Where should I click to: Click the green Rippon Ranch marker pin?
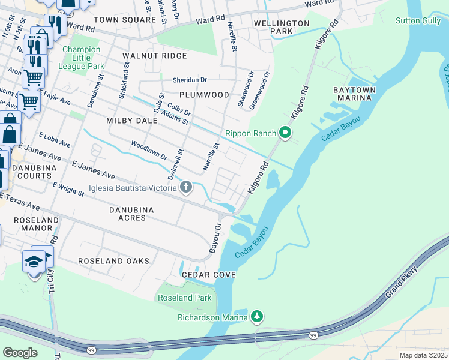click(286, 133)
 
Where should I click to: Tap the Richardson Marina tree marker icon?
click(257, 316)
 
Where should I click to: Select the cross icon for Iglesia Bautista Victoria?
click(186, 188)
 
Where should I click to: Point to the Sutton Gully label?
click(418, 20)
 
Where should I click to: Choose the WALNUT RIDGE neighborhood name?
click(154, 56)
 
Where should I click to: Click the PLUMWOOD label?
click(204, 95)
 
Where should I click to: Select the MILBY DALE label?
click(131, 121)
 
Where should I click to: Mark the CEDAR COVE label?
click(209, 274)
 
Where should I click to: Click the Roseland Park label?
click(184, 298)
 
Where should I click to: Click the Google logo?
click(20, 352)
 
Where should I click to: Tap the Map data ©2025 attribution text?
click(423, 355)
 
